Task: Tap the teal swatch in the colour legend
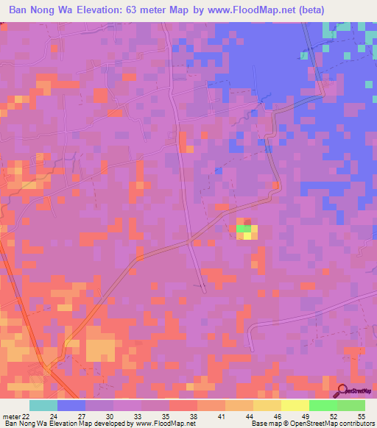click(43, 404)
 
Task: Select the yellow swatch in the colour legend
click(295, 404)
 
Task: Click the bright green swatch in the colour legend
click(323, 404)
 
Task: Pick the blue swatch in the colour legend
click(71, 404)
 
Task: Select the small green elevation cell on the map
click(243, 229)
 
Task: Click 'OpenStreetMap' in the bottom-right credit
click(321, 424)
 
